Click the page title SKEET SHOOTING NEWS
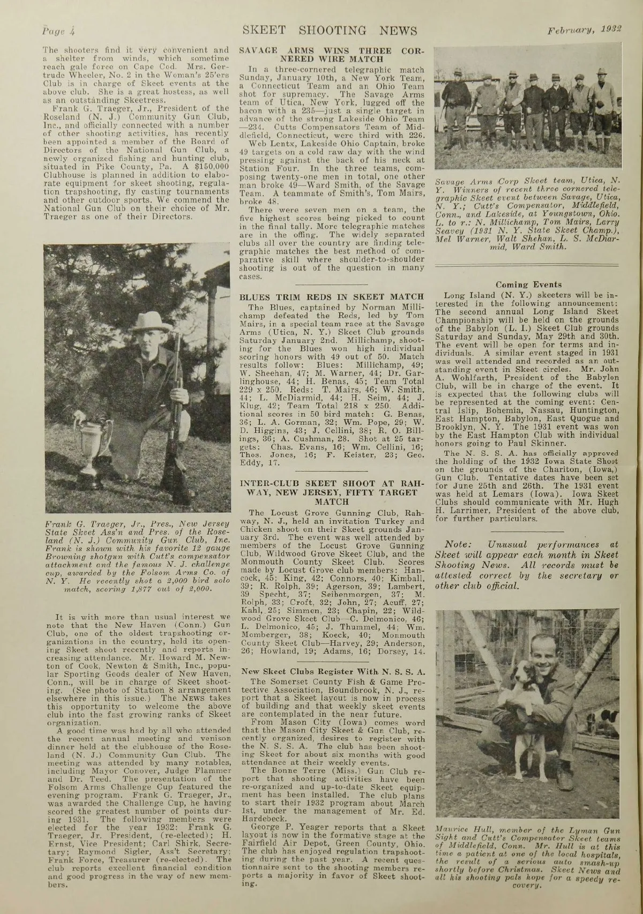click(329, 30)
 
